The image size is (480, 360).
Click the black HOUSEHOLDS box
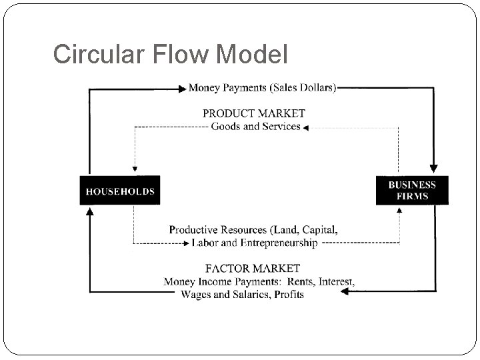[x=120, y=191]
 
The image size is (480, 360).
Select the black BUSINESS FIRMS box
[x=412, y=190]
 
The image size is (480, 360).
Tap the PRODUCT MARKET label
[x=253, y=113]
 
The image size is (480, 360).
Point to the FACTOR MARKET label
[x=253, y=269]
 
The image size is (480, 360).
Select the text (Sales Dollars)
[x=305, y=87]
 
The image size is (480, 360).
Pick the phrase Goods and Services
[x=255, y=127]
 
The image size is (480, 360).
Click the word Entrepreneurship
[x=281, y=243]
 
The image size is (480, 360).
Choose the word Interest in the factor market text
[x=335, y=281]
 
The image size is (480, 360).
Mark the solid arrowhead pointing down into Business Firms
[x=435, y=169]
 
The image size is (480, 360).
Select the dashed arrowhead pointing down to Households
[x=135, y=170]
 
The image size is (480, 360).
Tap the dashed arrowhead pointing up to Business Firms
[x=399, y=210]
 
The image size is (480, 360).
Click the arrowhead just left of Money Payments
[x=183, y=87]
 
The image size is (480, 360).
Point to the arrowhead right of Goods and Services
[x=305, y=127]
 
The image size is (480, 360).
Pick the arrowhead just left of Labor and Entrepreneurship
[x=186, y=244]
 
